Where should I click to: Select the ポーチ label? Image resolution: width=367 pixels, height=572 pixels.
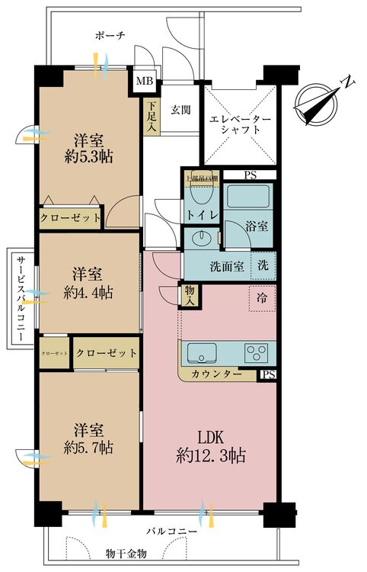(x=110, y=36)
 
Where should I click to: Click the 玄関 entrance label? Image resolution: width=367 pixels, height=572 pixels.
(x=180, y=110)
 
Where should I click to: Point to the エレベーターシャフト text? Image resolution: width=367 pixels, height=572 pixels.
(x=241, y=124)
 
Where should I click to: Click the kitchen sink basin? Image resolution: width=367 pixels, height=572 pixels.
(x=201, y=353)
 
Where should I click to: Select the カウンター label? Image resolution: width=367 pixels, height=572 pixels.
(x=217, y=374)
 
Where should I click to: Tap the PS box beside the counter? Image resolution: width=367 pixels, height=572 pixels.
(x=267, y=374)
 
